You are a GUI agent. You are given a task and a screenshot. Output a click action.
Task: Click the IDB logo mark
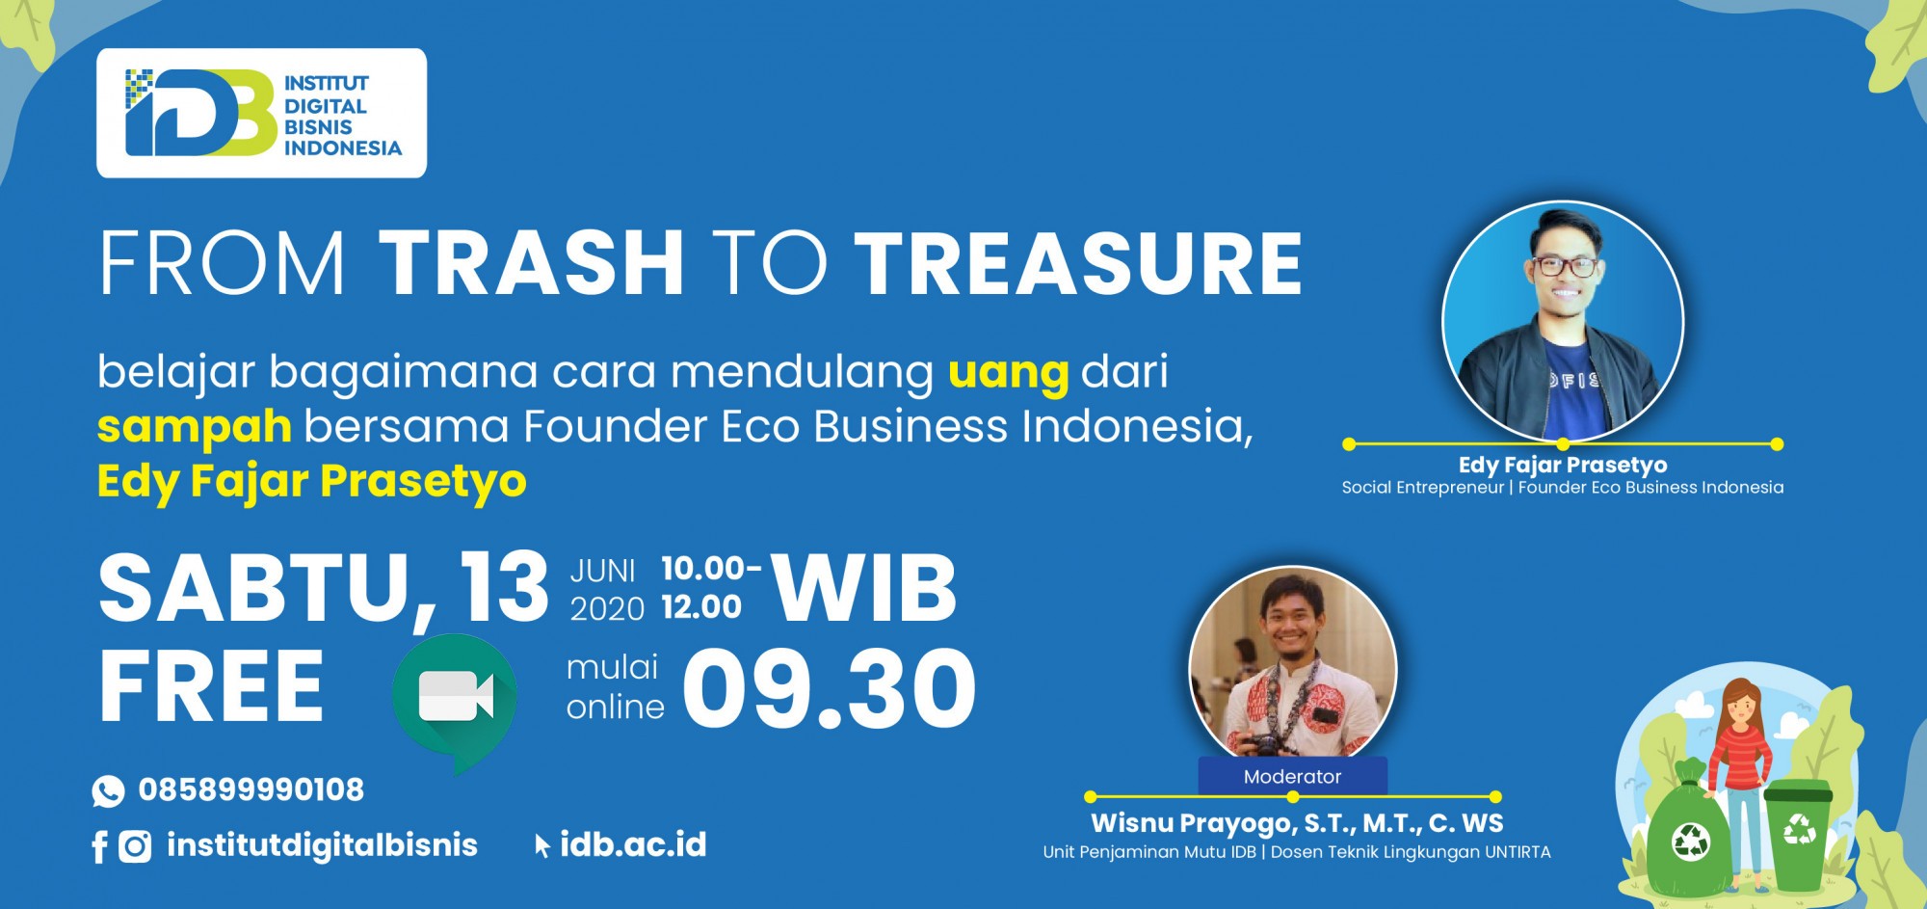(x=200, y=113)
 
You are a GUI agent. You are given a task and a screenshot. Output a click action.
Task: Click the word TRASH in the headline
(x=531, y=262)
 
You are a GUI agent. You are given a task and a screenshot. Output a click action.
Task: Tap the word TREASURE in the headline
(x=1078, y=262)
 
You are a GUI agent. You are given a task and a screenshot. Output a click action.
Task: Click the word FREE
(x=211, y=686)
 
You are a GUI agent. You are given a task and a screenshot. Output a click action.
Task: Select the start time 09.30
(x=830, y=688)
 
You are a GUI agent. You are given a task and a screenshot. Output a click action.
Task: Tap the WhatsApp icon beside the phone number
(x=108, y=791)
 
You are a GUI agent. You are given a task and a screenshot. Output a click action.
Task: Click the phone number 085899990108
(x=251, y=789)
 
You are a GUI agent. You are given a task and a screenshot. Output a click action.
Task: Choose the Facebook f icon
(x=99, y=847)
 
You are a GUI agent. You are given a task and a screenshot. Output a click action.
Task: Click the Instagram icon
(x=135, y=846)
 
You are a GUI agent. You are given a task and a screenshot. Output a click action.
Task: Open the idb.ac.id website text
(x=633, y=844)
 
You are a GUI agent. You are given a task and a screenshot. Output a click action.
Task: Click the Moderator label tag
(x=1292, y=776)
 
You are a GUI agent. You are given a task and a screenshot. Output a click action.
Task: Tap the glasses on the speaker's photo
(x=1565, y=266)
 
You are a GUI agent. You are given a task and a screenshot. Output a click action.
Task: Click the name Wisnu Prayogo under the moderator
(x=1193, y=823)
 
